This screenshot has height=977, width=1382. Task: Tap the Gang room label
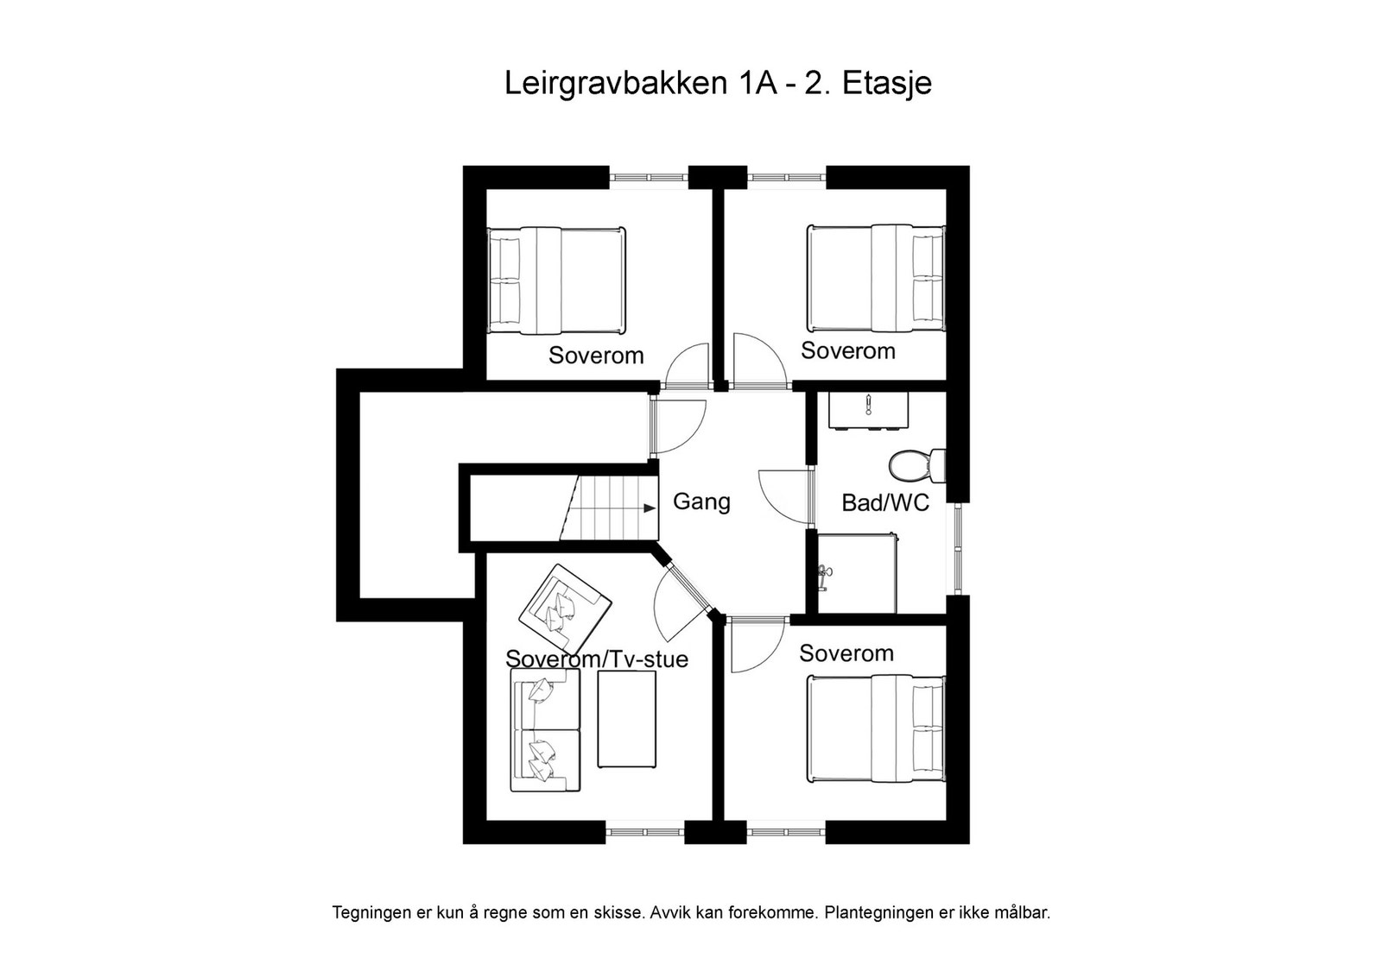pyautogui.click(x=701, y=501)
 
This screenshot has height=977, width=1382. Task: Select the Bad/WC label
pyautogui.click(x=885, y=503)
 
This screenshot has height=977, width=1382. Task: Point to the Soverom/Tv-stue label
pyautogui.click(x=597, y=659)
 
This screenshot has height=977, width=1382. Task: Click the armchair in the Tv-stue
pyautogui.click(x=564, y=609)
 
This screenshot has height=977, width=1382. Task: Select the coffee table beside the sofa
pyautogui.click(x=627, y=718)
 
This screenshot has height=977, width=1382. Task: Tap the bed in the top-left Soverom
pyautogui.click(x=555, y=280)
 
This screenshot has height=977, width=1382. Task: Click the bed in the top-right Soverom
pyautogui.click(x=875, y=278)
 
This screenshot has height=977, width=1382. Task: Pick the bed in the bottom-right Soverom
pyautogui.click(x=875, y=729)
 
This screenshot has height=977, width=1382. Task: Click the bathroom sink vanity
pyautogui.click(x=868, y=410)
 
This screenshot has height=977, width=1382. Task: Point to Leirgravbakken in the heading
pyautogui.click(x=615, y=85)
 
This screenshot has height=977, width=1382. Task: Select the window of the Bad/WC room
pyautogui.click(x=958, y=548)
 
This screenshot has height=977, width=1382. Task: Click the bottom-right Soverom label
pyautogui.click(x=846, y=653)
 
